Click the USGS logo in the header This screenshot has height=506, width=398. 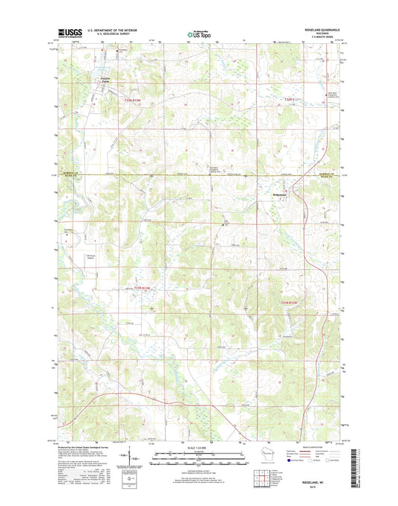coord(69,32)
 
